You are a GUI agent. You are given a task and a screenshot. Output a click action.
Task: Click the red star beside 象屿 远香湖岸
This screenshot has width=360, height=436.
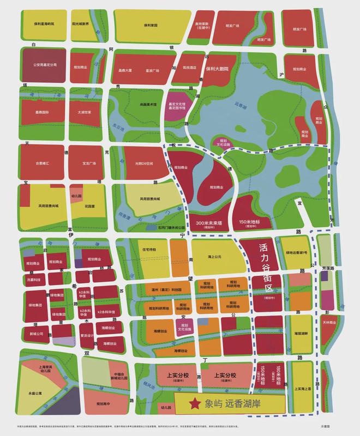[194, 404]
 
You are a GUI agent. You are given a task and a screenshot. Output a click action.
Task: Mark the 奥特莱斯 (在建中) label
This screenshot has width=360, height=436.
[201, 26]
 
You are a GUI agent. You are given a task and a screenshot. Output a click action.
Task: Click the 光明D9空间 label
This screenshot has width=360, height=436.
[141, 162]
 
